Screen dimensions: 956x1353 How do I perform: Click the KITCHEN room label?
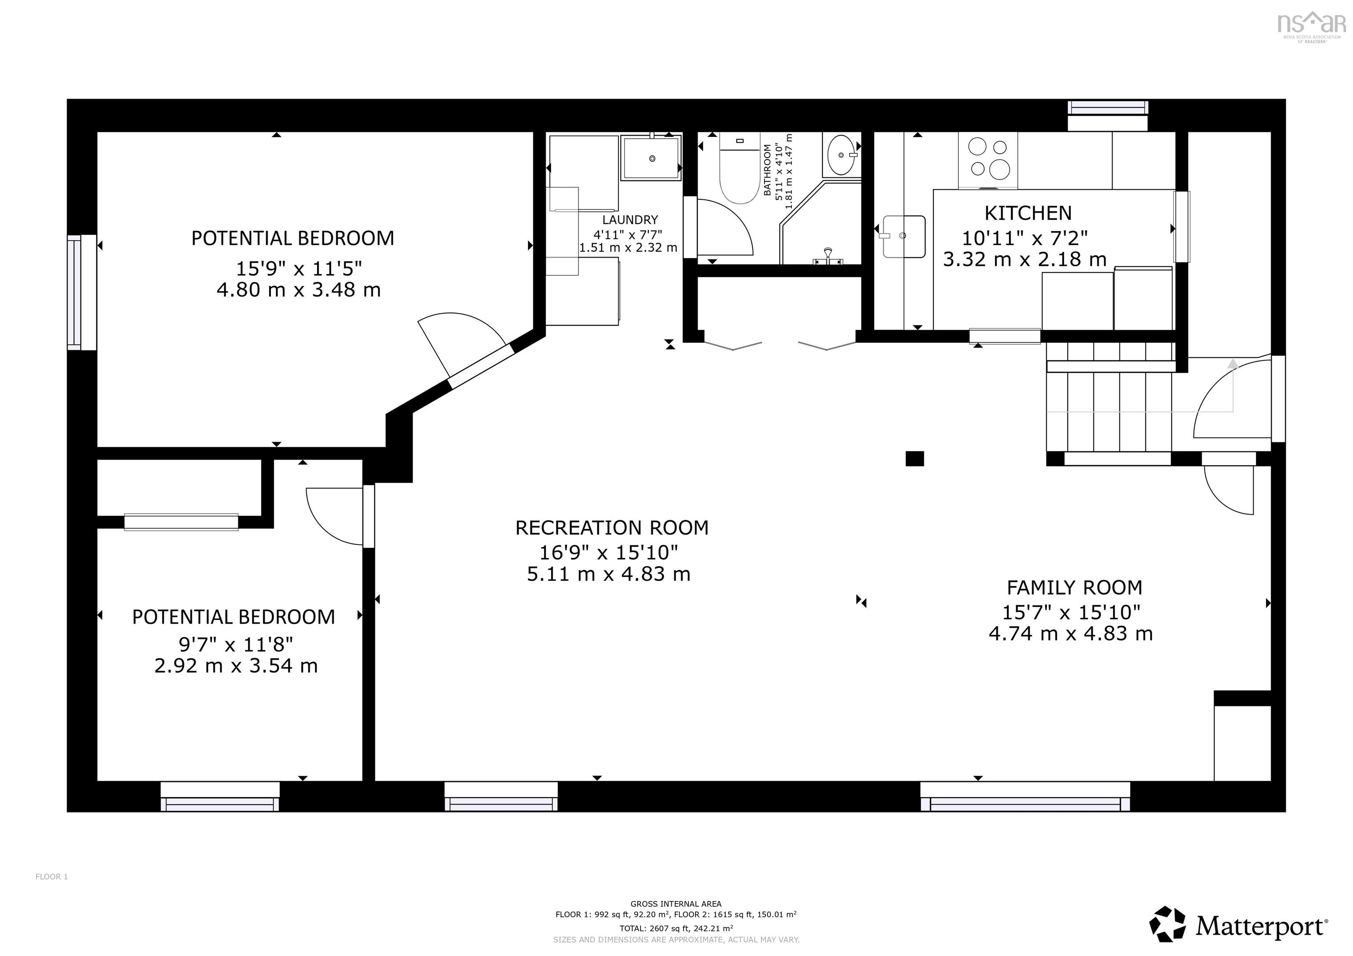pyautogui.click(x=1028, y=213)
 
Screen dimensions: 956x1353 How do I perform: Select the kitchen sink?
pyautogui.click(x=903, y=236)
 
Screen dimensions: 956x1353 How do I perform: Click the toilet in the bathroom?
pyautogui.click(x=739, y=171)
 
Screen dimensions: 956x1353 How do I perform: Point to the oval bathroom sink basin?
pyautogui.click(x=841, y=155)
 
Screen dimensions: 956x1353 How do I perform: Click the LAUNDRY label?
pyautogui.click(x=629, y=220)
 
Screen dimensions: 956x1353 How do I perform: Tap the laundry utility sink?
pyautogui.click(x=651, y=158)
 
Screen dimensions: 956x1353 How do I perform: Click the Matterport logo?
pyautogui.click(x=1238, y=926)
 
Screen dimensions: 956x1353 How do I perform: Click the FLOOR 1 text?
pyautogui.click(x=51, y=876)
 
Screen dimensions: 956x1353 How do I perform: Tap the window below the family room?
pyautogui.click(x=1025, y=796)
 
